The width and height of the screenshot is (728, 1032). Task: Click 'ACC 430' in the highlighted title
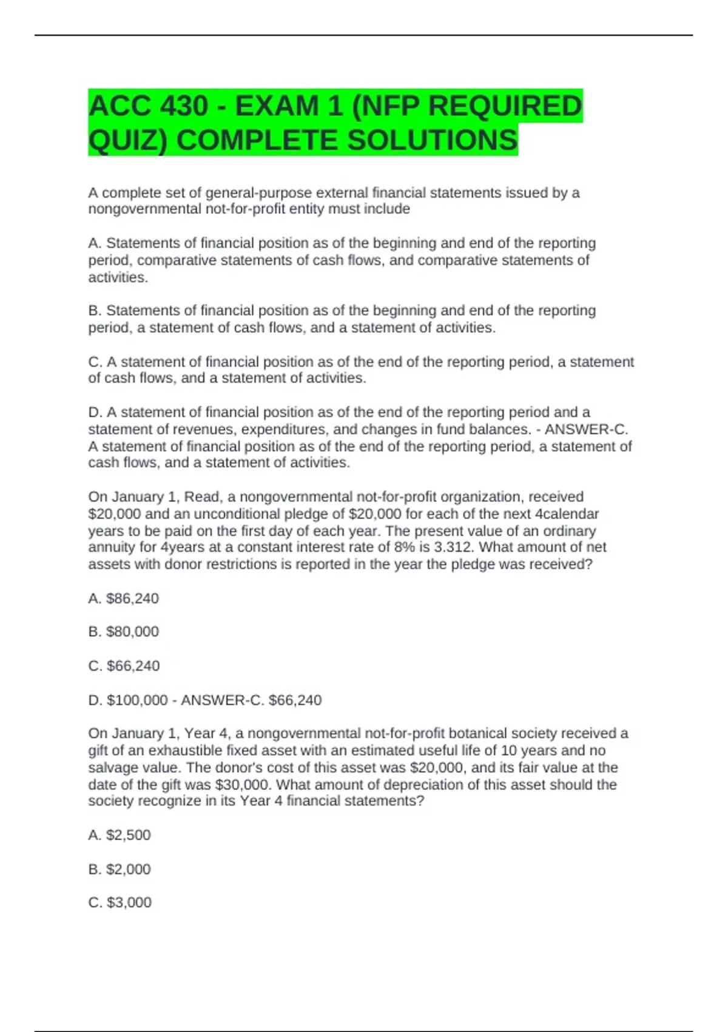click(148, 106)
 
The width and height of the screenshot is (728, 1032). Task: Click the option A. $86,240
click(123, 599)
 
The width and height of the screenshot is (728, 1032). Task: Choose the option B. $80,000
click(123, 632)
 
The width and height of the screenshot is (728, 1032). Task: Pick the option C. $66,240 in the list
click(124, 666)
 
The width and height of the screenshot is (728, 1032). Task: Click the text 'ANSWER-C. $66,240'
click(251, 700)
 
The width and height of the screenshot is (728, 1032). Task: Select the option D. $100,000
click(127, 700)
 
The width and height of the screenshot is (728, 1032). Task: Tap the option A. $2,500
click(120, 835)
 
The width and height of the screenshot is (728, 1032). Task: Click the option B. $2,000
click(120, 869)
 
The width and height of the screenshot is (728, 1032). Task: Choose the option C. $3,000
click(120, 903)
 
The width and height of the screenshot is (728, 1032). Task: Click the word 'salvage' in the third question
click(113, 767)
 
